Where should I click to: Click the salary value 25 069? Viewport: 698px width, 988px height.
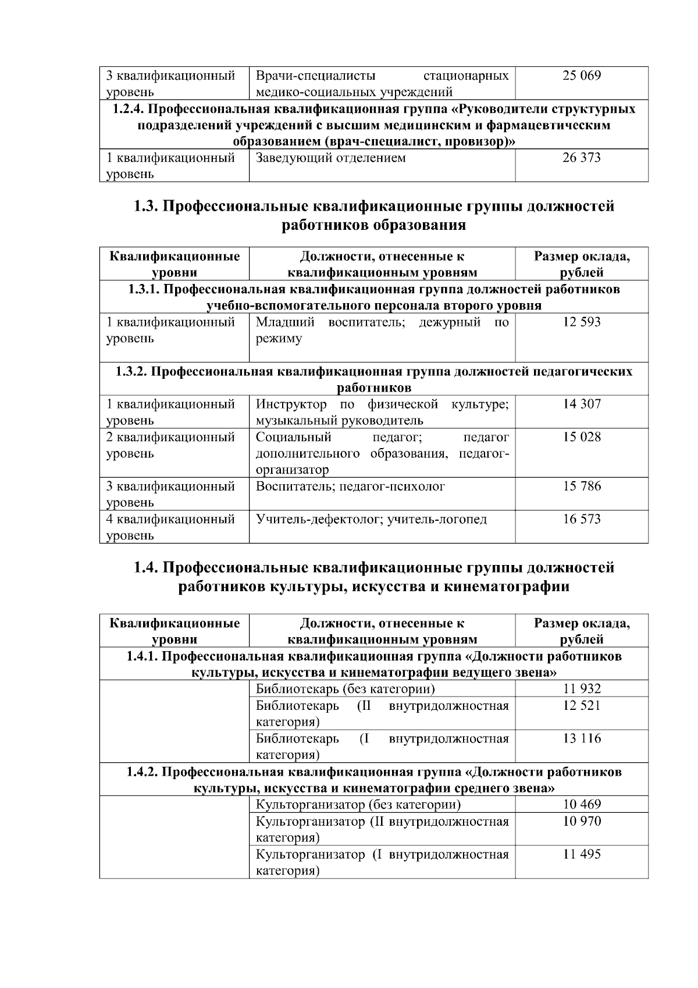581,76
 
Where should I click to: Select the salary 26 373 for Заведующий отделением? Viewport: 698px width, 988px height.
581,158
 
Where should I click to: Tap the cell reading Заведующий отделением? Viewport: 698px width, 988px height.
330,158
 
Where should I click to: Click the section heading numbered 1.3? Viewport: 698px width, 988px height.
373,215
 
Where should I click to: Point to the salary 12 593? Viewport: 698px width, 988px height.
581,322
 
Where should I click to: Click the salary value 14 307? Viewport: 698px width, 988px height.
581,404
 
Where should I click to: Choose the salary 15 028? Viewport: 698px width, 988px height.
581,437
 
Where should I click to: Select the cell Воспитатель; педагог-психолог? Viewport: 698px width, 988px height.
350,486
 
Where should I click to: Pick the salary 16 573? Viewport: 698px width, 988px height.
581,519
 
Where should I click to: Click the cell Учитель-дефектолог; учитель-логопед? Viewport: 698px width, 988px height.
371,519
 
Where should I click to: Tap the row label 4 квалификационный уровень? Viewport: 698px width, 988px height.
170,527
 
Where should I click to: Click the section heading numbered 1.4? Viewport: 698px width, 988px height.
373,577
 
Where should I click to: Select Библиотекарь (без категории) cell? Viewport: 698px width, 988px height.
346,689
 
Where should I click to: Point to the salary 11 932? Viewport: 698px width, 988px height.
581,689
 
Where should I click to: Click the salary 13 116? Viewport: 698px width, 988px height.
581,738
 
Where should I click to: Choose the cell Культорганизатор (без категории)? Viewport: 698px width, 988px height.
358,804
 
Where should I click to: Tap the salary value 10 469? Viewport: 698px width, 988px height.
581,804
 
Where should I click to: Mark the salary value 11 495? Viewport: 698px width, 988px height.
581,854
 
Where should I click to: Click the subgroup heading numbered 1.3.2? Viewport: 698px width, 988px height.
373,379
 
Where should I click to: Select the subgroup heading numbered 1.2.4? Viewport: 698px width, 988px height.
373,125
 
